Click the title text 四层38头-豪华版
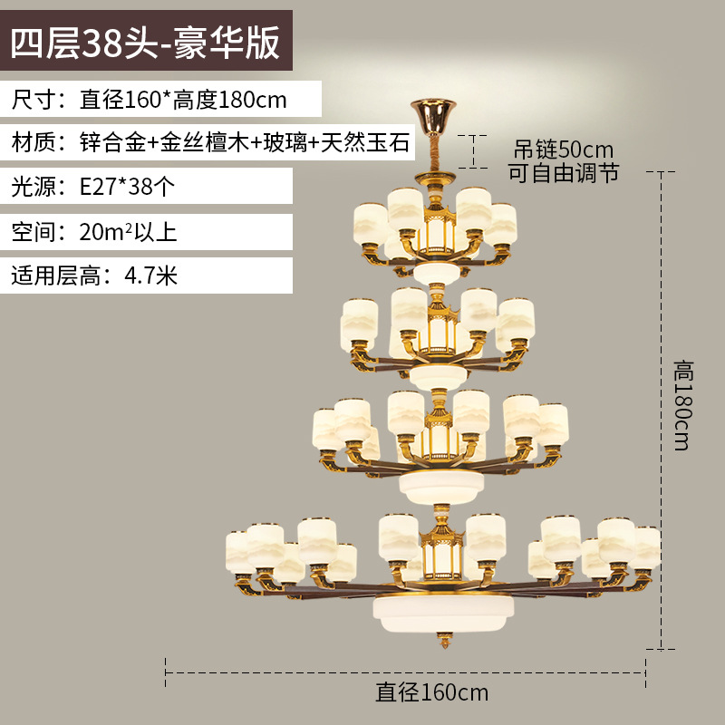[x=145, y=43]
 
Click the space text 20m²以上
[x=127, y=231]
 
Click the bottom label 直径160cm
[x=432, y=692]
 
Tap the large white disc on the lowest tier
[x=443, y=610]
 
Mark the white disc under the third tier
[x=441, y=485]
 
